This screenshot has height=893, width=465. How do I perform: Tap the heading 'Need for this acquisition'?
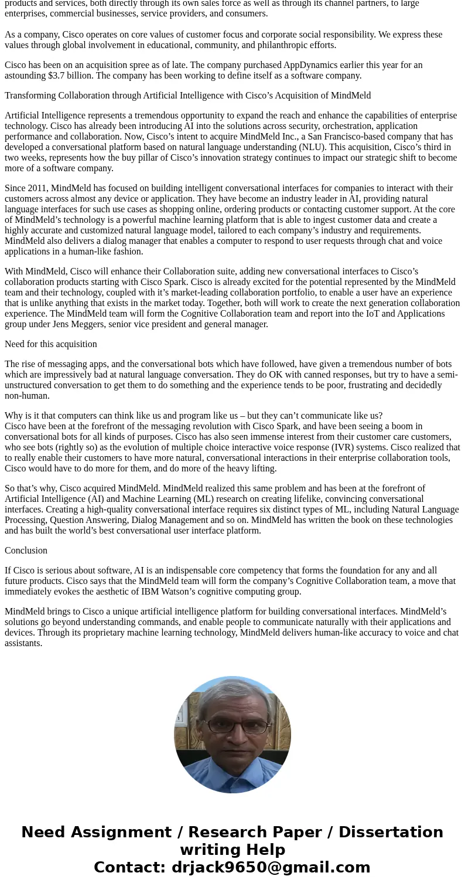click(x=51, y=344)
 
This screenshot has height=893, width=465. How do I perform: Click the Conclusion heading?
click(x=26, y=551)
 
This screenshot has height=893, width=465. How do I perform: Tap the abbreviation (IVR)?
click(x=364, y=447)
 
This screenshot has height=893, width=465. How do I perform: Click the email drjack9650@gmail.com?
click(x=271, y=868)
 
